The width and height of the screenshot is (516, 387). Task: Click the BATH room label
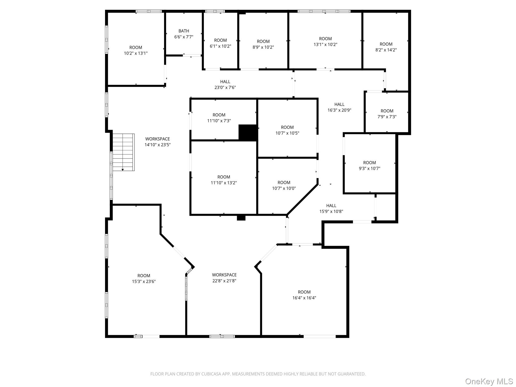(x=184, y=31)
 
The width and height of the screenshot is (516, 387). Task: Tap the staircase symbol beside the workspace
(x=123, y=152)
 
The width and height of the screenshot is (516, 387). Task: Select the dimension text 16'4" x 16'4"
(x=304, y=298)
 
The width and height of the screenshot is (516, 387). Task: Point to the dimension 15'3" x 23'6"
(x=144, y=281)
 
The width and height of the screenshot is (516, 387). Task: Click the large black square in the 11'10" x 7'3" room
(x=248, y=132)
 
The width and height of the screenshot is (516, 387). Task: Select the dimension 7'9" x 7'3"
(x=387, y=117)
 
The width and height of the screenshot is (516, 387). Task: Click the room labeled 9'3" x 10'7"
(x=369, y=166)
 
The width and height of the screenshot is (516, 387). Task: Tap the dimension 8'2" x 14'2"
(x=386, y=50)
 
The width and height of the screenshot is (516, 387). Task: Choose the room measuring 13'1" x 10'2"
(x=325, y=42)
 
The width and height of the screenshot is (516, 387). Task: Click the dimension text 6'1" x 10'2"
(x=220, y=46)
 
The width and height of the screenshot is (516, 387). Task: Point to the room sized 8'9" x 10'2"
(x=263, y=44)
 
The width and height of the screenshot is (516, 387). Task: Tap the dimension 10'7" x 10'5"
(x=287, y=133)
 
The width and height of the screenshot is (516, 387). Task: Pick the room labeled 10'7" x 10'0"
(x=284, y=185)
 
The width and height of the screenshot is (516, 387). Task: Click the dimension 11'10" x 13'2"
(x=224, y=183)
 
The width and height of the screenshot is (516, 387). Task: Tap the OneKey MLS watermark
(x=489, y=381)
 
